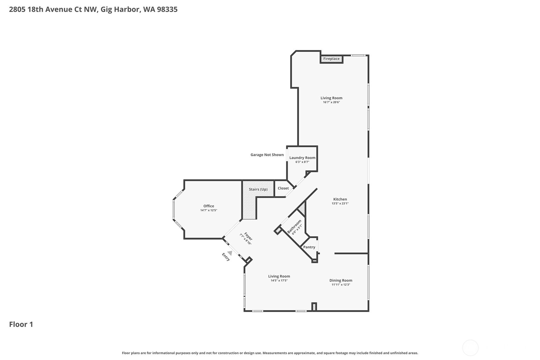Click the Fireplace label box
[x=331, y=59]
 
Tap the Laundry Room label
[x=302, y=158]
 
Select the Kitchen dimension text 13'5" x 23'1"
[x=340, y=203]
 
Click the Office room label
[x=209, y=206]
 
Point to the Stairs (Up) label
[x=258, y=189]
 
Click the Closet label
[x=283, y=188]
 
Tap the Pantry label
[x=309, y=247]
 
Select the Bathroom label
[x=294, y=226]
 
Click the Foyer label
[x=249, y=236]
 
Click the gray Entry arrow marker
[x=229, y=253]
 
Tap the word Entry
[x=226, y=257]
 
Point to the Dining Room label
[x=340, y=280]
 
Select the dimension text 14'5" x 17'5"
[x=279, y=280]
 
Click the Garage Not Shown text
[x=267, y=155]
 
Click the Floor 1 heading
[x=21, y=324]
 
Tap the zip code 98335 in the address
[x=167, y=9]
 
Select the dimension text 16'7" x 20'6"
[x=331, y=102]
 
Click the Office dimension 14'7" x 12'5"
[x=209, y=210]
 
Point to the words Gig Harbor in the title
[x=120, y=9]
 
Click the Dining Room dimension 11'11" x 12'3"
[x=340, y=285]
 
